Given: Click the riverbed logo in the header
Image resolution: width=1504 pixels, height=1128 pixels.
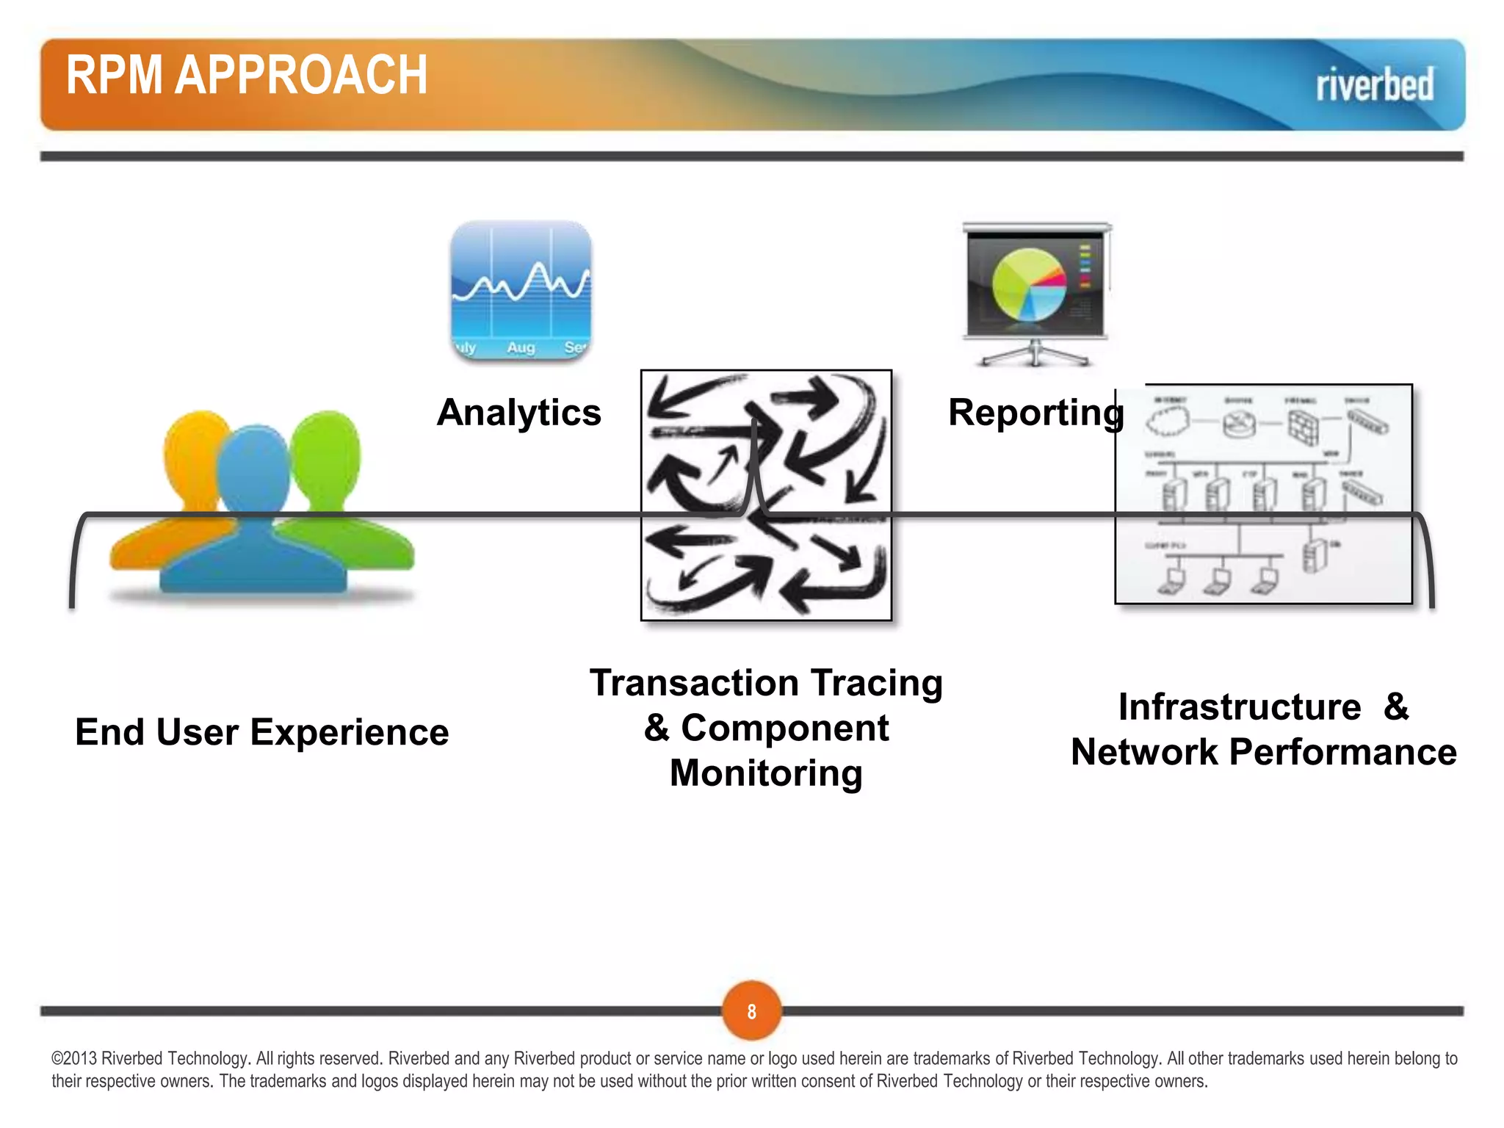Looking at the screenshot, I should (x=1374, y=84).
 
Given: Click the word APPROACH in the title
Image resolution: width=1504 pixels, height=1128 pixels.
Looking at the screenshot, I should (x=300, y=76).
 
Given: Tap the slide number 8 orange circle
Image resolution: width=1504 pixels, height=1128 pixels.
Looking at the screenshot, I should (x=751, y=1011).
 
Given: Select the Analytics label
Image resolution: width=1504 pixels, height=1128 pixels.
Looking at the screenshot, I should (x=518, y=412).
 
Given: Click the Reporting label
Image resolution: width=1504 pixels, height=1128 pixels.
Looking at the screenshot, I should (x=1035, y=412).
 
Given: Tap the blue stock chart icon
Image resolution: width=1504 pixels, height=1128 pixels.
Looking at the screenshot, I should (x=521, y=290).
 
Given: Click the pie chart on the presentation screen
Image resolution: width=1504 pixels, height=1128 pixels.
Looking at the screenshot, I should (x=1028, y=285).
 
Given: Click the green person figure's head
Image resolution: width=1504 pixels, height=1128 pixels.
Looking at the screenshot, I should (x=326, y=448).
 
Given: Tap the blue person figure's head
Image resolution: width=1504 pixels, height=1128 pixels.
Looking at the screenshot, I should (x=255, y=463).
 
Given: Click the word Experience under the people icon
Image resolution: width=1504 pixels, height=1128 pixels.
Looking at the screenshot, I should (x=349, y=732).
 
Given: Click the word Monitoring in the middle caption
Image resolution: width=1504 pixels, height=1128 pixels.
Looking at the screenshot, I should (x=766, y=773).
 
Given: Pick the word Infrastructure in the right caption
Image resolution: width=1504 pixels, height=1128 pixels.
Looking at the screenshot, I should (x=1239, y=707).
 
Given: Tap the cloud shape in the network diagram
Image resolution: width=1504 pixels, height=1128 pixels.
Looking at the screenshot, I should (x=1168, y=421).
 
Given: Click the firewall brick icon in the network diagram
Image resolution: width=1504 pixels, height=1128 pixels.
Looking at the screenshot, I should (x=1303, y=425).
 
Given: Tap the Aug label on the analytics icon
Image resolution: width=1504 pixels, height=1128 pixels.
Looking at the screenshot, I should (x=521, y=347).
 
